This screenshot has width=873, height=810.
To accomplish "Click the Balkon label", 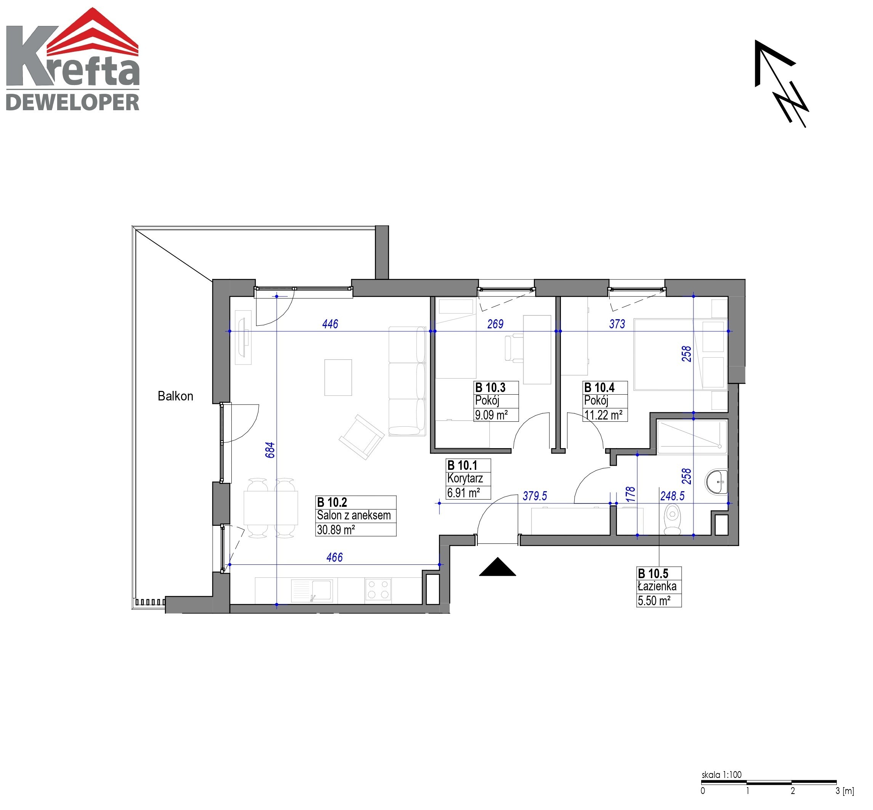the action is coord(175,396).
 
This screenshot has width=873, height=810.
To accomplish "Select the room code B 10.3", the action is coord(490,387).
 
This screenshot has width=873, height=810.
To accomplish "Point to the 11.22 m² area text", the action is coord(603,415).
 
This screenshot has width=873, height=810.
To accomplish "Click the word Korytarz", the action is coord(465,478).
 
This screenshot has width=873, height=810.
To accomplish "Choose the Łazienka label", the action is coord(657,586).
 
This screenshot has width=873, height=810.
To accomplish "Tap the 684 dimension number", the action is coord(270,450).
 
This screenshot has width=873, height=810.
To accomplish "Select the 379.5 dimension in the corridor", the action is coord(535,496).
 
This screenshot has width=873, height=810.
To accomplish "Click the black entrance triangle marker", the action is coord(497,566).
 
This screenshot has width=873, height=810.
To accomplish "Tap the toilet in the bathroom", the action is coord(673,519).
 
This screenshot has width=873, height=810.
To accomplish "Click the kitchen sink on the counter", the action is coord(312,590).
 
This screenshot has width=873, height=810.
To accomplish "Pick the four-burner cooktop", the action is coord(378,589).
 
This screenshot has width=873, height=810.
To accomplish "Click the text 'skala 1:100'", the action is coord(721,775).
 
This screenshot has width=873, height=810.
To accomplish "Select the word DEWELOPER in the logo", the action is coord(73,102).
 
